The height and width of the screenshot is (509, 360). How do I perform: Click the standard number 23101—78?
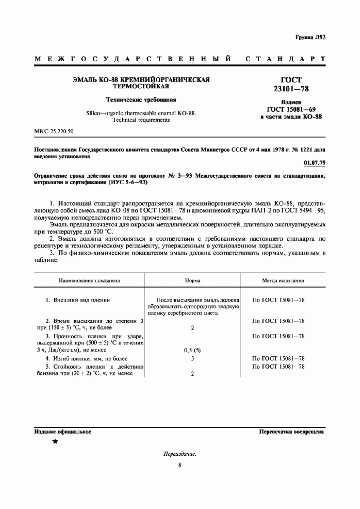point(291,89)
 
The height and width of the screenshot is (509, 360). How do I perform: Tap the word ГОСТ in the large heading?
point(291,80)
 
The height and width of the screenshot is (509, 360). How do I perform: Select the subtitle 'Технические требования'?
point(141,100)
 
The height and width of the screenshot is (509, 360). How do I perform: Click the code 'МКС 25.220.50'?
point(54,131)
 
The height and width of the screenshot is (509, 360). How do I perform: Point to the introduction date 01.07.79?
point(315,163)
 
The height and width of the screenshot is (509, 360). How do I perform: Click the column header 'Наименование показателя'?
point(89,281)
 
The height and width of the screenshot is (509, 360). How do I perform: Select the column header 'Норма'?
point(193,281)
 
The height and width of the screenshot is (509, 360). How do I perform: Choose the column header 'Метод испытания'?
point(283,281)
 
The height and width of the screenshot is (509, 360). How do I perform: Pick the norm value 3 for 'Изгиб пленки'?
point(193,358)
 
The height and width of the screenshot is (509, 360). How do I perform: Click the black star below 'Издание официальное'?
point(55,441)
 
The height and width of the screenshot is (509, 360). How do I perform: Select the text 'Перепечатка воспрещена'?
point(291,432)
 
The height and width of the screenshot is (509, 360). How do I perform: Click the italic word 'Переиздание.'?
point(180,454)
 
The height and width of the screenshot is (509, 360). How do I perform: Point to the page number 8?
point(180,465)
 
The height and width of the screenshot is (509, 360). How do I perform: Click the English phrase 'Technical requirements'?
point(141,120)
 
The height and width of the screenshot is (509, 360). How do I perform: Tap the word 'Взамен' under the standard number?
point(291,102)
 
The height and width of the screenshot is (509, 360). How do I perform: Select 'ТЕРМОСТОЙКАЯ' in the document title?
point(141,86)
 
